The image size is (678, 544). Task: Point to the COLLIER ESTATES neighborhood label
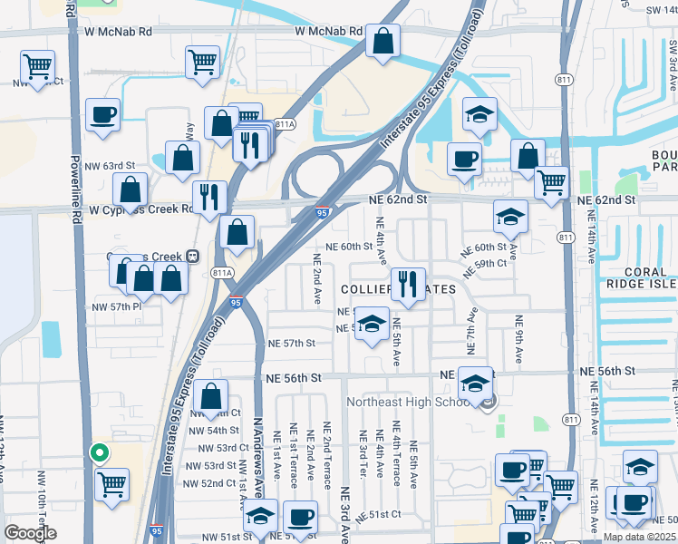pyautogui.click(x=397, y=288)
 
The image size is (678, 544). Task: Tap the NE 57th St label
pyautogui.click(x=292, y=344)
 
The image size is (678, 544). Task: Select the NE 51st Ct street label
pyautogui.click(x=383, y=514)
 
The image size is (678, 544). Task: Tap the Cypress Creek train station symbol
pyautogui.click(x=192, y=257)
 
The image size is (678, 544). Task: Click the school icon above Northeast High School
pyautogui.click(x=475, y=382)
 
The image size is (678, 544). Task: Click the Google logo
pyautogui.click(x=30, y=533)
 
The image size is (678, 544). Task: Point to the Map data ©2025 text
pyautogui.click(x=639, y=537)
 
